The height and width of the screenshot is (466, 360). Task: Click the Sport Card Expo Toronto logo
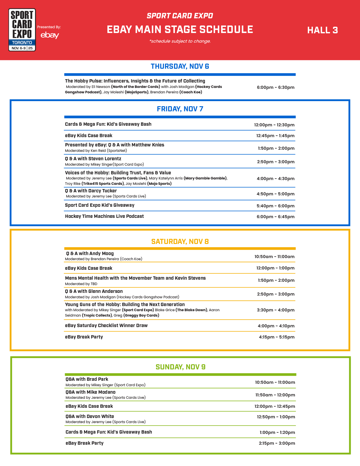22,30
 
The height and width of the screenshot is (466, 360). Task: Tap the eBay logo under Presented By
50,35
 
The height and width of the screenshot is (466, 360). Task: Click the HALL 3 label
322,30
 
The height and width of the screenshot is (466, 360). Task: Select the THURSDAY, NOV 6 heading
180,66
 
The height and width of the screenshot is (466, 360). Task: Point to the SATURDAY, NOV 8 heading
180,242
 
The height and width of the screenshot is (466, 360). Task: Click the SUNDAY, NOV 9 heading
180,367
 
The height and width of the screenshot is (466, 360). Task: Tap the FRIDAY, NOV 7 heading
180,109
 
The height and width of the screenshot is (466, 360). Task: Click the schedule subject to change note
180,41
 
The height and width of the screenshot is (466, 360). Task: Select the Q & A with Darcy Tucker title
91,191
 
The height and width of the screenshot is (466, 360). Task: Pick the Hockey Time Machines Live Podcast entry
104,216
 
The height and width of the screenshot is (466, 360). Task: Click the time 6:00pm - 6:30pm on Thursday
275,87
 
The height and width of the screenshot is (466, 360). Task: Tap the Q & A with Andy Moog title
90,254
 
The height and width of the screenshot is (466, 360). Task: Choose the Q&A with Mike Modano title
90,392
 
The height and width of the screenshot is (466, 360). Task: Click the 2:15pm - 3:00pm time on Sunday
277,443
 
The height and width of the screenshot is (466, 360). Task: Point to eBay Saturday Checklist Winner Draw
106,326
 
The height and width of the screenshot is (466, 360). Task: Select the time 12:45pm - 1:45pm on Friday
275,136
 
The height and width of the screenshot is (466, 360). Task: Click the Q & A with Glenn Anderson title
94,291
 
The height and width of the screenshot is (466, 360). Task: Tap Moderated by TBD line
81,284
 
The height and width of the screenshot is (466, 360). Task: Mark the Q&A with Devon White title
90,416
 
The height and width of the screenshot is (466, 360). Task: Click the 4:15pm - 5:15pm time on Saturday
276,337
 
